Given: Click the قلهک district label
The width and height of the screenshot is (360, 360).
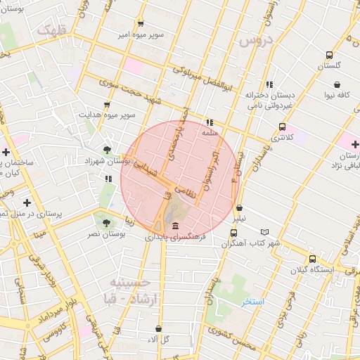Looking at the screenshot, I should [51, 30].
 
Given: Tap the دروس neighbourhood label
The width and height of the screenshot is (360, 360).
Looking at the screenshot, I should [255, 40].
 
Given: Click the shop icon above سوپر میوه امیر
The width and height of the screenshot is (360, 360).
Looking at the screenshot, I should [141, 24].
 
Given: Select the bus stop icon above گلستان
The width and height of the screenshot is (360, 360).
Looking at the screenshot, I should [329, 55].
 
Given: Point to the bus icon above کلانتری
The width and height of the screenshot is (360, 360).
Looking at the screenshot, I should [282, 127].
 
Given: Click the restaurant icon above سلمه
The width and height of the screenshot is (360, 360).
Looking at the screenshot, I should [210, 122].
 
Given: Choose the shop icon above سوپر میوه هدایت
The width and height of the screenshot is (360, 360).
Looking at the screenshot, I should [107, 104].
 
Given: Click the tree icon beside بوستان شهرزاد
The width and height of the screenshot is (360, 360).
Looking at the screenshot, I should [106, 149].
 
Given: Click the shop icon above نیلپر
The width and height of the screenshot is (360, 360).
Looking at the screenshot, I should [240, 208].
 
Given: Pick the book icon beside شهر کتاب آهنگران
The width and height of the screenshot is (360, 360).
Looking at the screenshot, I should [264, 232].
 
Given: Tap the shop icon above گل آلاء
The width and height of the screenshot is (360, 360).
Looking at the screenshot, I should [160, 328].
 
